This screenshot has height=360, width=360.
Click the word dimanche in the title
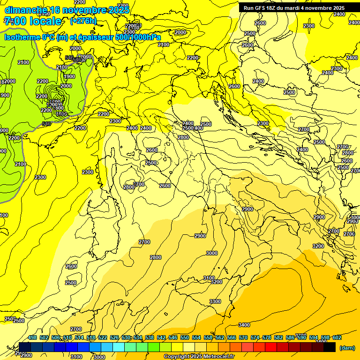[x=26, y=10]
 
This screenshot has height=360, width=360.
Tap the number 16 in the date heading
[x=54, y=10]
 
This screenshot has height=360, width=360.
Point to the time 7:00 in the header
[x=15, y=21]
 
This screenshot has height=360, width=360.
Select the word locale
[x=45, y=21]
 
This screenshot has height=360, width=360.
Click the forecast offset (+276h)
[x=83, y=21]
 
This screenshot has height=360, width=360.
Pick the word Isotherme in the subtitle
[x=22, y=37]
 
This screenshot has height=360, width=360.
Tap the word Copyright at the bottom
[x=177, y=357]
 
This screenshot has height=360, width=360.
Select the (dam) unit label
[x=347, y=348]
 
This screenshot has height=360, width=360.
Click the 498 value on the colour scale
[x=32, y=337]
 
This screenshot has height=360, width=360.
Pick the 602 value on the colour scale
[x=337, y=337]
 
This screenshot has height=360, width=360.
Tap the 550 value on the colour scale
[x=185, y=337]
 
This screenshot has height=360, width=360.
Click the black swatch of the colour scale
[x=330, y=347]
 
